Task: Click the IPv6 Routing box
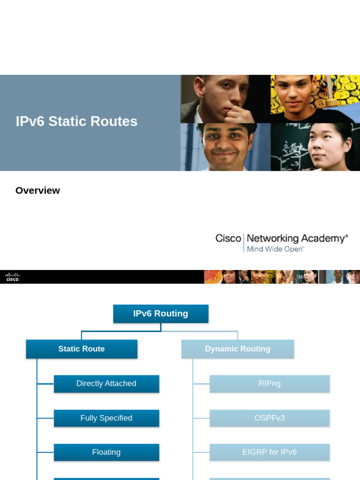pyautogui.click(x=161, y=314)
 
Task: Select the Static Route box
pyautogui.click(x=82, y=349)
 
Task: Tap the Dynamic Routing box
pyautogui.click(x=238, y=349)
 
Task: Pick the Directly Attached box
pyautogui.click(x=106, y=383)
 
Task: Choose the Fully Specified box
pyautogui.click(x=106, y=418)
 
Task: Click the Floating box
pyautogui.click(x=106, y=452)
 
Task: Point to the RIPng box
pyautogui.click(x=270, y=383)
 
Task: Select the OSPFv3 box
pyautogui.click(x=270, y=418)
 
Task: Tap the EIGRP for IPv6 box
pyautogui.click(x=270, y=452)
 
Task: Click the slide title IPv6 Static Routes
pyautogui.click(x=76, y=121)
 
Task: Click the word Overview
pyautogui.click(x=37, y=190)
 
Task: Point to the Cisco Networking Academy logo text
pyautogui.click(x=281, y=239)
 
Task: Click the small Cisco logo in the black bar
pyautogui.click(x=13, y=277)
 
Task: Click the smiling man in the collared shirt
pyautogui.click(x=225, y=146)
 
